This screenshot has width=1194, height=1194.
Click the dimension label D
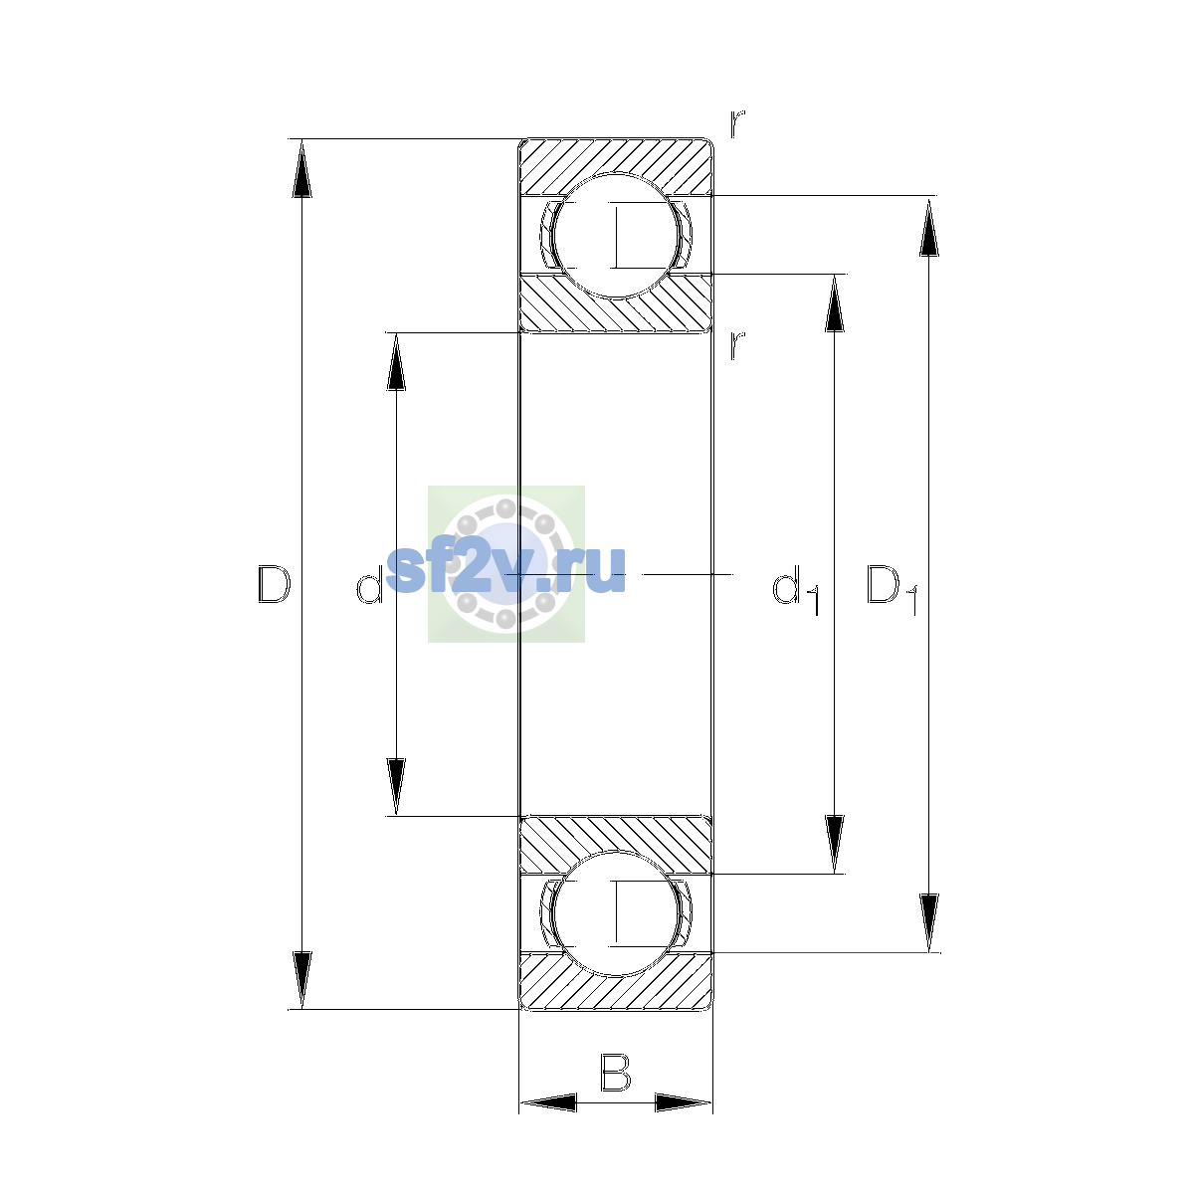274,584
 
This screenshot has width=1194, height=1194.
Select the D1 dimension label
892,590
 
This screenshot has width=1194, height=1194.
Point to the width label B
615,1072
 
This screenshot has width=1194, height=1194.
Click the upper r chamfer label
737,123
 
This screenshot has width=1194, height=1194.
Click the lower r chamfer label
737,344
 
